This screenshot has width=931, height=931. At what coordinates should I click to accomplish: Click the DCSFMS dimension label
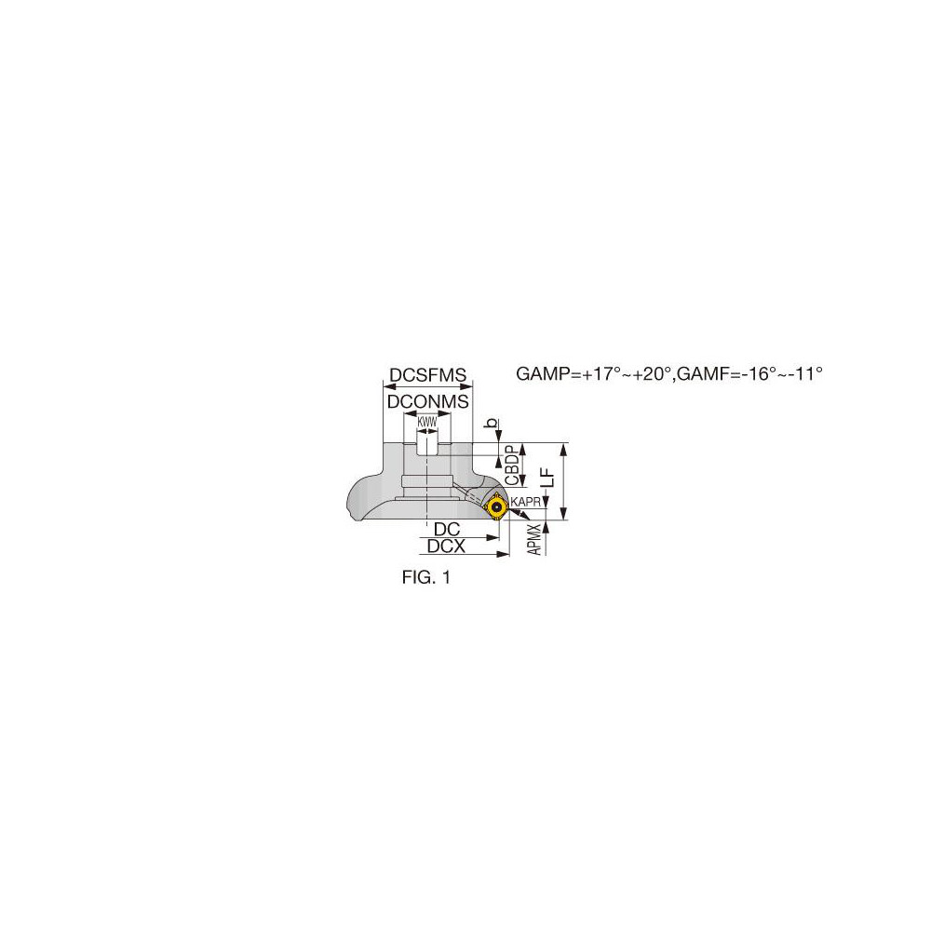point(427,375)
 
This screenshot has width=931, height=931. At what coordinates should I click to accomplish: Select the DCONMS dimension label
point(427,402)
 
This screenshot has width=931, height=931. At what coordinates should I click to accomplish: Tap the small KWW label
point(427,422)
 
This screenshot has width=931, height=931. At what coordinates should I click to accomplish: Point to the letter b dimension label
point(492,423)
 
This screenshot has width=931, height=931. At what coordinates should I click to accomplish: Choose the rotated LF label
point(548,477)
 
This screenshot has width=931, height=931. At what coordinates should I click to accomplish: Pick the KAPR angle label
point(525,503)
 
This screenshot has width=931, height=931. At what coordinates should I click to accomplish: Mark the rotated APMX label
point(535,539)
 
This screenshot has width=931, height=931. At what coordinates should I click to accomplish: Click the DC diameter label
point(447,529)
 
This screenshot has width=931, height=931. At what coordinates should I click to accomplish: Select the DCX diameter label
point(446,546)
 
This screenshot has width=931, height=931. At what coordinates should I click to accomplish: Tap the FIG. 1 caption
point(426,577)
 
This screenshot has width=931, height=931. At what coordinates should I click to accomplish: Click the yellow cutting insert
point(495,508)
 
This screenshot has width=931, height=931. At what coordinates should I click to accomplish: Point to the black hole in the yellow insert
point(495,507)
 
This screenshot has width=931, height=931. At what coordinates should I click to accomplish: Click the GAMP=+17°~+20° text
point(594,373)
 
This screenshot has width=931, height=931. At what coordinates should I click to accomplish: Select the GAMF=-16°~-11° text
point(749,373)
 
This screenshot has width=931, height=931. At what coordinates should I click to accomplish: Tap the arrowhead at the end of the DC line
point(492,538)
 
